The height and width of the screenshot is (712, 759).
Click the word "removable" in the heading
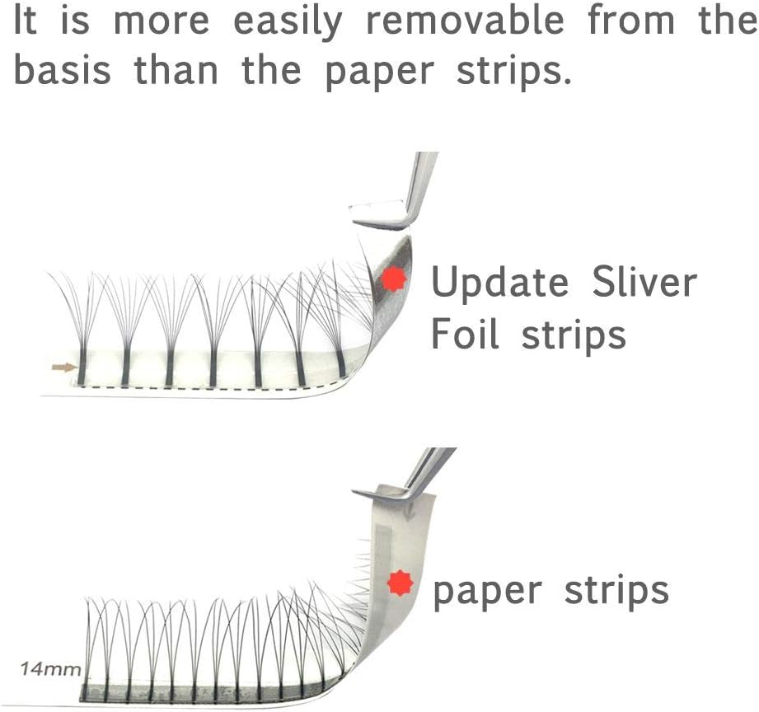465,21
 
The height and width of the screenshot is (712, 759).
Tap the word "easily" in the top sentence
288,24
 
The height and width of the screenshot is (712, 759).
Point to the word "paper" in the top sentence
379,73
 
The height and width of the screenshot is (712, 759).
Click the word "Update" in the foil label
499,283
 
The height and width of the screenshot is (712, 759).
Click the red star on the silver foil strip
394,279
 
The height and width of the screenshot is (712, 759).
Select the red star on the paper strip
401,583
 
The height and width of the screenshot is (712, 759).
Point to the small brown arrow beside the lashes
64,368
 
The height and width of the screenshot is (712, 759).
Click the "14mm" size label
50,669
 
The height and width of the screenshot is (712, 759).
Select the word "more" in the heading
162,21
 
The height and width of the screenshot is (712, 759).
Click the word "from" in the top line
631,21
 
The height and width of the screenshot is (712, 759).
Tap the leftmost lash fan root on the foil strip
82,368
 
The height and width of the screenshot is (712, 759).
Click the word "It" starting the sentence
26,21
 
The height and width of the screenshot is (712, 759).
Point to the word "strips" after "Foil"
574,336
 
